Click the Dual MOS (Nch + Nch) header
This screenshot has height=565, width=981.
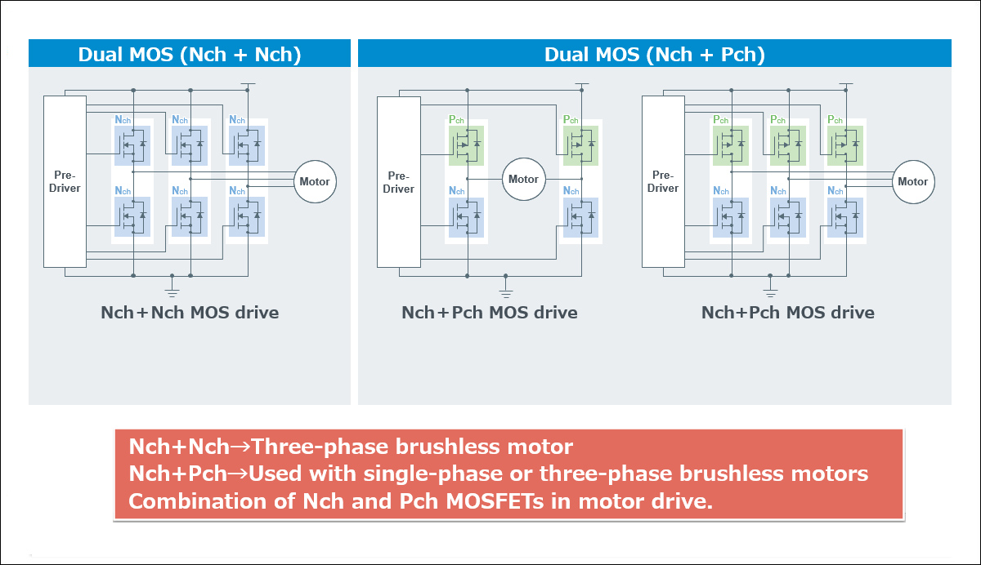click(x=189, y=55)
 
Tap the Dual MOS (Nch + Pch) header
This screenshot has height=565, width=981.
click(x=654, y=55)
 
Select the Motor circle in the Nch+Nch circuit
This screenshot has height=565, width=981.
click(x=315, y=181)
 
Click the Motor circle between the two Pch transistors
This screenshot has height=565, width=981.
click(x=523, y=179)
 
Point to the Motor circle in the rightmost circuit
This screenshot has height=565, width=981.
click(x=912, y=181)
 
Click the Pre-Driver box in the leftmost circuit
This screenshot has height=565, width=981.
click(x=64, y=181)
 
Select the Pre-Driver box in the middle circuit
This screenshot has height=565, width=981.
click(x=397, y=181)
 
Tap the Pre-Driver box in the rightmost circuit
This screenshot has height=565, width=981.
click(x=663, y=181)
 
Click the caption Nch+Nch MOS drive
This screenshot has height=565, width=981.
click(x=190, y=313)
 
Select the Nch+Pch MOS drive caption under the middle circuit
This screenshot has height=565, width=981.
click(x=489, y=313)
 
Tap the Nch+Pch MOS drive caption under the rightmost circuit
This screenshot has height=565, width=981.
click(x=787, y=313)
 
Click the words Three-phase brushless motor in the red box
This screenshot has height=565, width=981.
click(x=413, y=447)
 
